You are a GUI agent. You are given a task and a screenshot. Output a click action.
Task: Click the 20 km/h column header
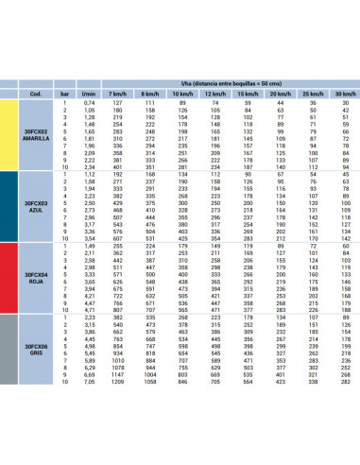pos(280,94)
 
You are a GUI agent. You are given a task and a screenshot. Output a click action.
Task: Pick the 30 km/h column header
pos(344,94)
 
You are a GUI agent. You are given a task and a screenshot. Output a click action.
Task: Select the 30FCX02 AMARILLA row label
pos(35,135)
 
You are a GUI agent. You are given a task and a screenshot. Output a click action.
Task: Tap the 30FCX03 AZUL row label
pos(35,206)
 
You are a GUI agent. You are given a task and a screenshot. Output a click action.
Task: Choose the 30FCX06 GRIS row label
pos(35,351)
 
